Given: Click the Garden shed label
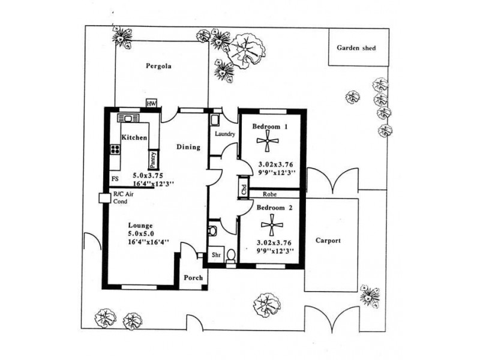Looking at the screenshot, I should coord(356,47).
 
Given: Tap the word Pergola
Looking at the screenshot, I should coord(159,67).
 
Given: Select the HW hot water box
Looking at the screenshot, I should coord(151,103).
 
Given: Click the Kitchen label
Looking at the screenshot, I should coord(134,137).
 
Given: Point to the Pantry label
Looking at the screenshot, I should coord(154,159).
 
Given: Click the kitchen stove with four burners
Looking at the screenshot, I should coord(114,150).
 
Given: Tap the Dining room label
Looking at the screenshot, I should coord(188,146).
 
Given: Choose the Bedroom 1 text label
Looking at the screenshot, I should coord(269,126).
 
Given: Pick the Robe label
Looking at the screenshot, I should coord(277,194).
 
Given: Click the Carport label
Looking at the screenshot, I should coord(328,241).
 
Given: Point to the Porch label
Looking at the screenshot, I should coord(193,278).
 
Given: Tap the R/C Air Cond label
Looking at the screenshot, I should coord(125,198).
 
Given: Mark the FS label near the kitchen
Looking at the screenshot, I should coord(115,179).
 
